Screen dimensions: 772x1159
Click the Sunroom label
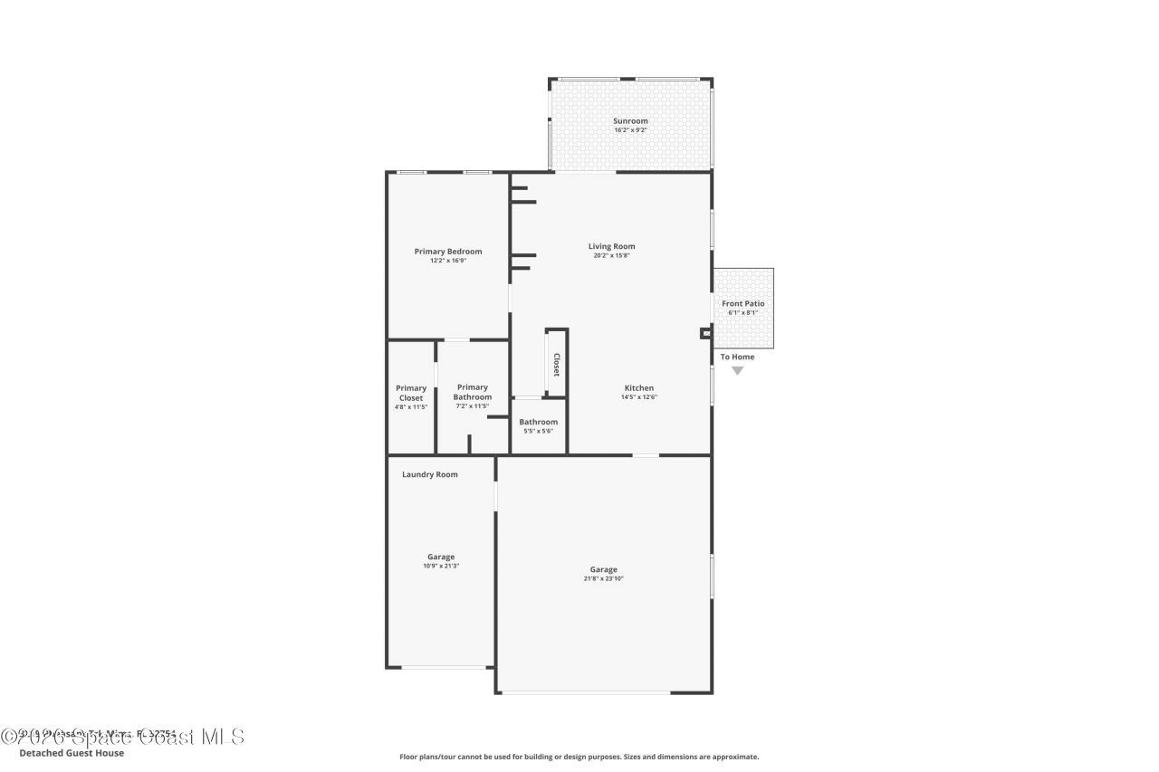coord(630,121)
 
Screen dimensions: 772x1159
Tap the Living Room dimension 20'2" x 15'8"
coord(611,256)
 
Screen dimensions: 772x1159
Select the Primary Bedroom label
coord(447,252)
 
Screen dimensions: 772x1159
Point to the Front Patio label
coord(742,304)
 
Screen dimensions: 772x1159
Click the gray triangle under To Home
coord(737,370)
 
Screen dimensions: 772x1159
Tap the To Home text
coord(737,357)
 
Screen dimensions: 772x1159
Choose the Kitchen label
coord(638,388)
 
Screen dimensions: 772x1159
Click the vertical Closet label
coord(556,365)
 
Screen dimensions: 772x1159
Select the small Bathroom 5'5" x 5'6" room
coord(538,426)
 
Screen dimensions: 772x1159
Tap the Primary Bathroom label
coord(473,392)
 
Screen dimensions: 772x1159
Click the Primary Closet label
coord(411,393)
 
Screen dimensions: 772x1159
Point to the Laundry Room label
coord(430,474)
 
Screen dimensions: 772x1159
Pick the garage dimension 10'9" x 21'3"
coord(441,566)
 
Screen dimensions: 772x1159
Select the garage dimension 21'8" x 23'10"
coord(604,578)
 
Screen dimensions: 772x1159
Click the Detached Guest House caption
coord(72,753)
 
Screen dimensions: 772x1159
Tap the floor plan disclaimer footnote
coord(579,757)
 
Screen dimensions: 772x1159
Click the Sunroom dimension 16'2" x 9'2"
coord(630,130)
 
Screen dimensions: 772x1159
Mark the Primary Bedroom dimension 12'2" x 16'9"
coord(447,261)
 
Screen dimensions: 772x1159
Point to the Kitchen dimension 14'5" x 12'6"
coord(638,397)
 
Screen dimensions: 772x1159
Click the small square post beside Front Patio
coord(705,333)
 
